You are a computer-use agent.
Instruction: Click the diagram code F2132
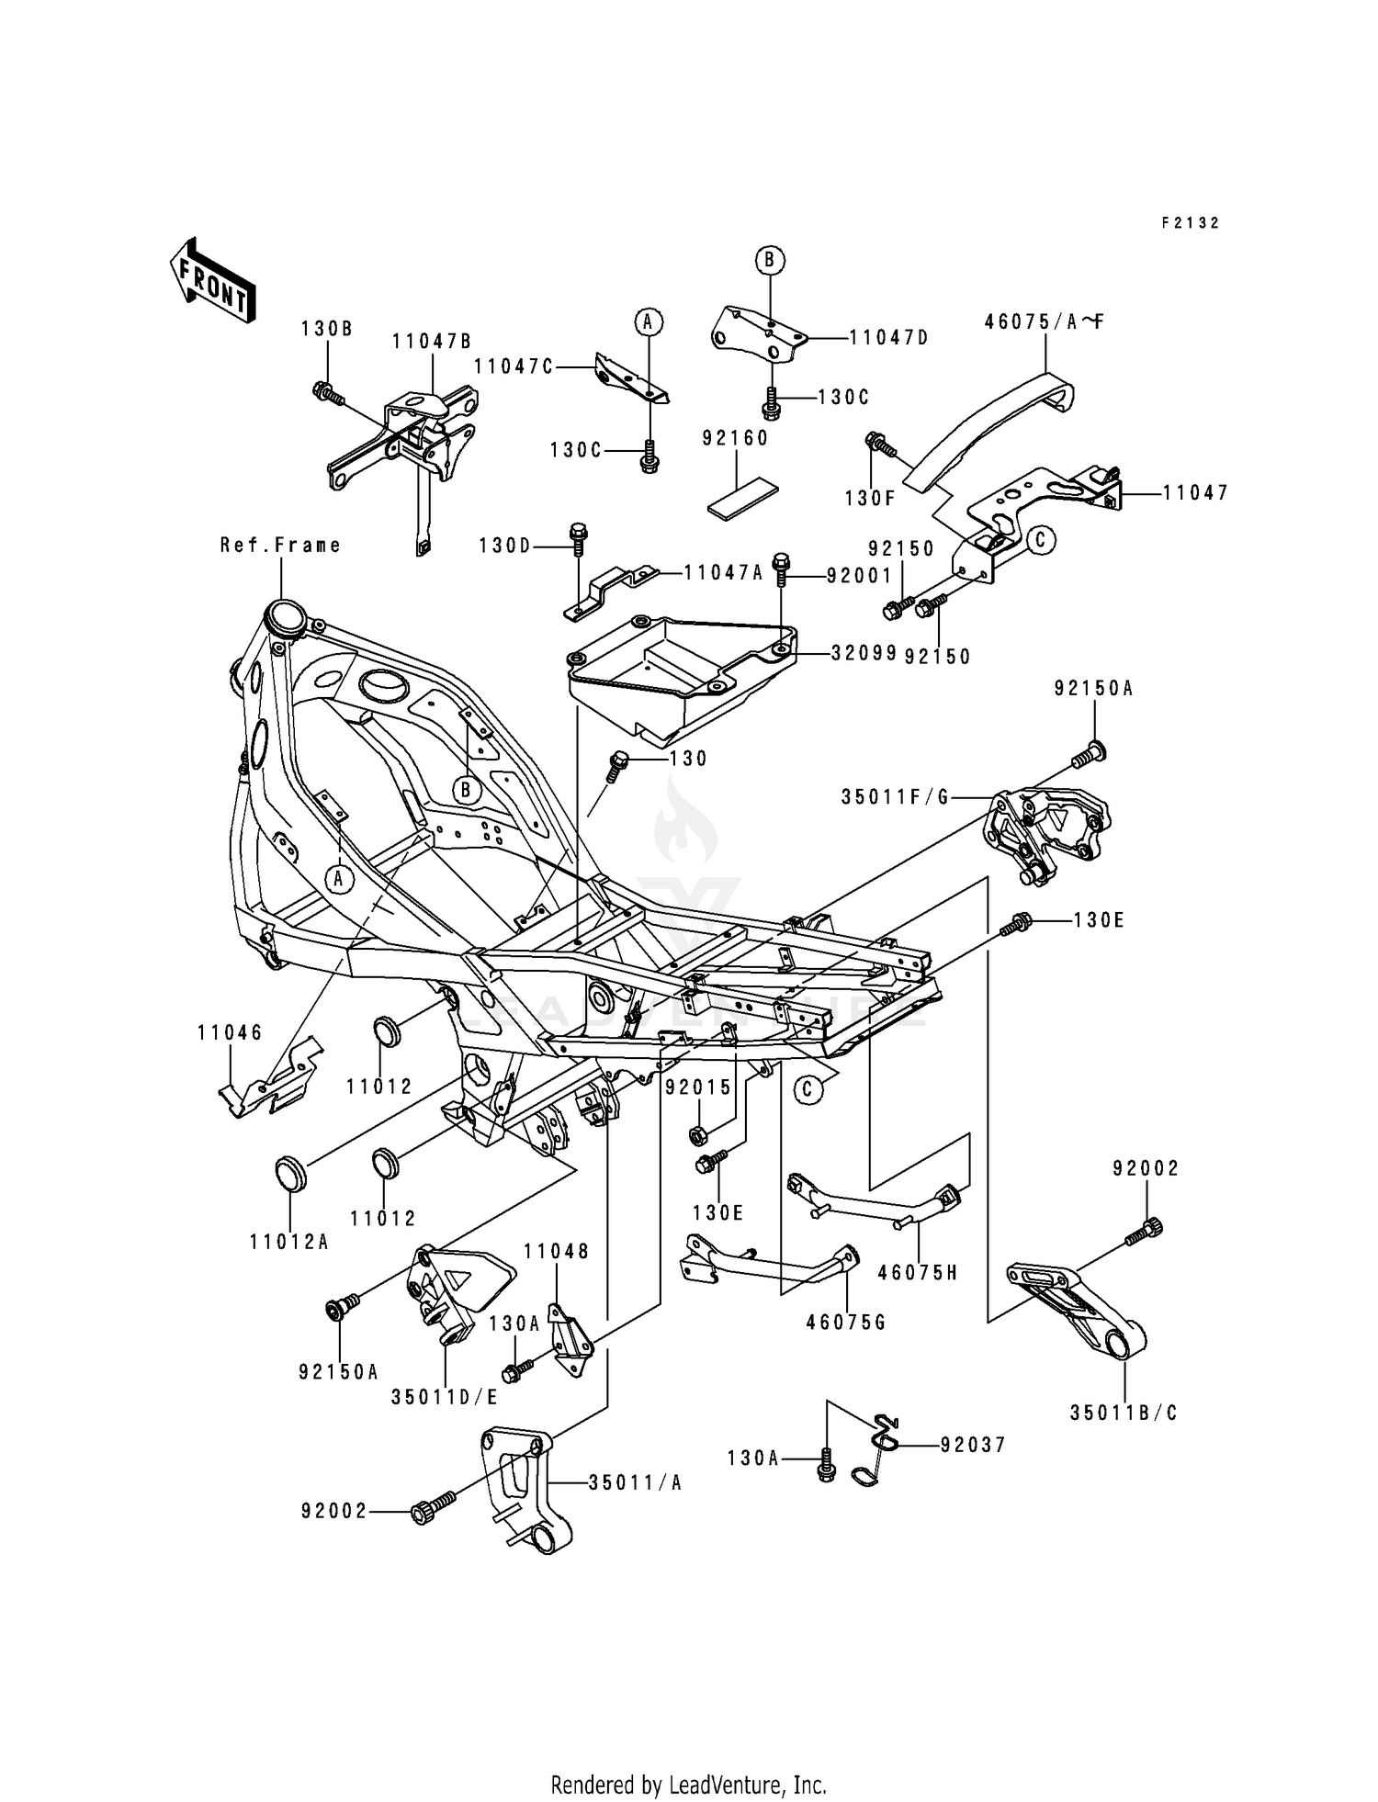click(1190, 223)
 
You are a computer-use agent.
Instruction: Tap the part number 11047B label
click(431, 342)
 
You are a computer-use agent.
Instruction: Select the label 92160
click(735, 439)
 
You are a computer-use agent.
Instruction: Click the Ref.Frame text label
click(280, 546)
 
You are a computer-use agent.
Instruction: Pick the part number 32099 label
click(863, 652)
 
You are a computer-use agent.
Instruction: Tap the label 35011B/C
click(1123, 1413)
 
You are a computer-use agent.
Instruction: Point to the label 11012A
click(288, 1243)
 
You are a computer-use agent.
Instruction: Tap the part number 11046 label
click(230, 1032)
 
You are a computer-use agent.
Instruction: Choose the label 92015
click(698, 1087)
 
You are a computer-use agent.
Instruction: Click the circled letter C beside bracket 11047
click(1040, 540)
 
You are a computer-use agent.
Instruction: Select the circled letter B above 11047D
click(769, 261)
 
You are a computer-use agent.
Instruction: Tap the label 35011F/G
click(895, 798)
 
